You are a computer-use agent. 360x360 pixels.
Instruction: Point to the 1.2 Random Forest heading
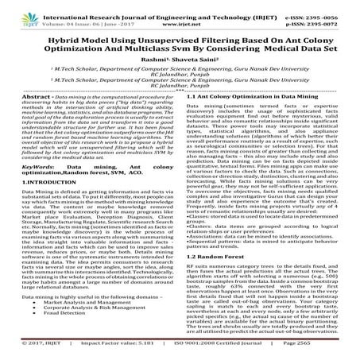coord(213,237)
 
